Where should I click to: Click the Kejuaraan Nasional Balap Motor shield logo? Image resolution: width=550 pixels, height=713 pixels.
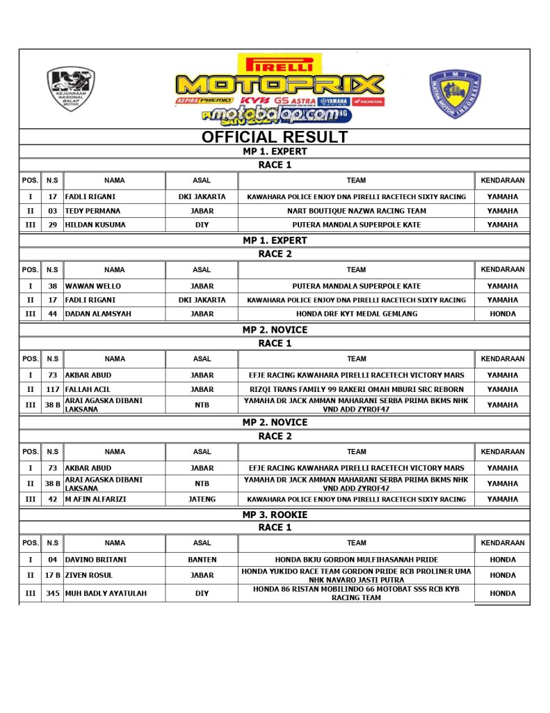coord(70,89)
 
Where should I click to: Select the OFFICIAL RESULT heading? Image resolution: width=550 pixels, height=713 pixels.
coord(274,136)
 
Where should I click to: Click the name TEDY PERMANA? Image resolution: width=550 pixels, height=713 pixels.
coord(92,211)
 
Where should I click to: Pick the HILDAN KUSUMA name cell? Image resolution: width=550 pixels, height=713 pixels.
coord(95,225)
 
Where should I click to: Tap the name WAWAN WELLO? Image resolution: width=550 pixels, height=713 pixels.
coord(92,286)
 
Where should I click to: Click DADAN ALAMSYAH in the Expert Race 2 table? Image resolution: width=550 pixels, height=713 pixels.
coord(97,314)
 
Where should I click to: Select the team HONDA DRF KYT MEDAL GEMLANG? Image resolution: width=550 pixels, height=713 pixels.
coord(356,314)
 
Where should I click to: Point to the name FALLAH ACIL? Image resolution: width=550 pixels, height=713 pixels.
coord(88,389)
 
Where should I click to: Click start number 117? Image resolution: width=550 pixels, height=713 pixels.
coord(52,389)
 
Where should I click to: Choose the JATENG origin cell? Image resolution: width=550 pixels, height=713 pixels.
coord(202,499)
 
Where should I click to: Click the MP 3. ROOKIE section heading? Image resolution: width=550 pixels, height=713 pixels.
coord(274,515)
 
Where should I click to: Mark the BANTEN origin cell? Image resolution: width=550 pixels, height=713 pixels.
coord(202,560)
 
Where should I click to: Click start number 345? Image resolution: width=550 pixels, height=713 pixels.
coord(52,594)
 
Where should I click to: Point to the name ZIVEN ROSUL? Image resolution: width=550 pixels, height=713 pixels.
coord(88,576)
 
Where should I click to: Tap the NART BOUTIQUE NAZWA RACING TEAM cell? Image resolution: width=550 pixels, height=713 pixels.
coord(356,211)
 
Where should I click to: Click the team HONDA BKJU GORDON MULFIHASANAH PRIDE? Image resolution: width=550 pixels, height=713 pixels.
coord(356,560)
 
